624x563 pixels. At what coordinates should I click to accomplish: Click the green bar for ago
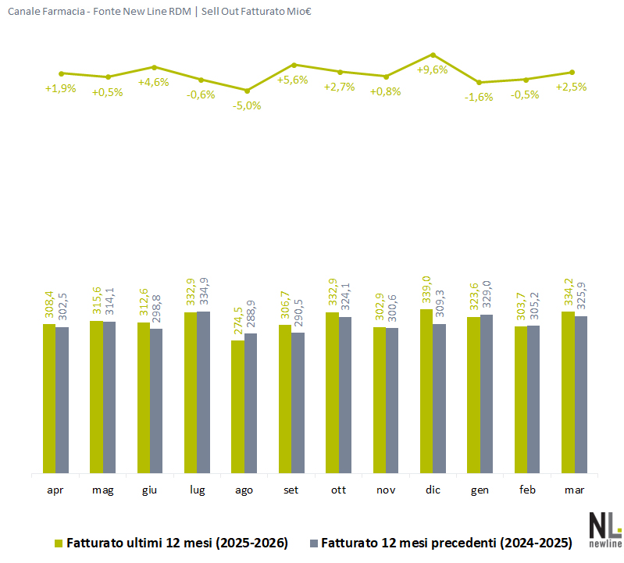pos(237,406)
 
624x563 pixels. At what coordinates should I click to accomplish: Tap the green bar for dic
pos(426,390)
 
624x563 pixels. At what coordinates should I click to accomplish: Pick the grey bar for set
pos(298,403)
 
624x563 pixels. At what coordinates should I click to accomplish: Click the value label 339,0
pos(426,291)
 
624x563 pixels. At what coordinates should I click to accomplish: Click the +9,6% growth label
pos(432,69)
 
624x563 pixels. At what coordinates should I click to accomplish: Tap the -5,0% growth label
pos(247,105)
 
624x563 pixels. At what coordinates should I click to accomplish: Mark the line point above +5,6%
pos(294,65)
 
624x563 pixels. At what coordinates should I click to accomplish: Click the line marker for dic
pos(433,55)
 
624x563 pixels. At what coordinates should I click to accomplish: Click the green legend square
pos(58,542)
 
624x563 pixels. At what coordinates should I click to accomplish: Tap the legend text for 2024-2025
pos(447,542)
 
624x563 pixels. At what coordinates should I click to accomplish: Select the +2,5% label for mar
pos(571,87)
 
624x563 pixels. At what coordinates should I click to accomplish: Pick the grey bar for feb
pos(533,399)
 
